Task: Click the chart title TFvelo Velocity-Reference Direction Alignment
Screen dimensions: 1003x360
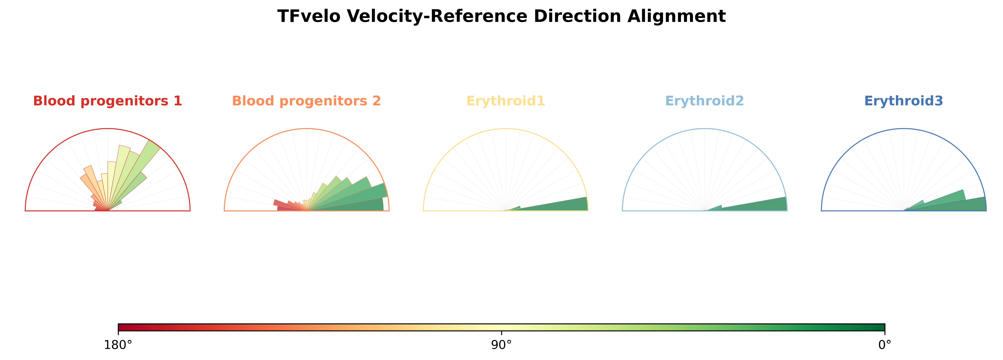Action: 502,16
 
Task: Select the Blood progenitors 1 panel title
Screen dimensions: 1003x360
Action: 108,101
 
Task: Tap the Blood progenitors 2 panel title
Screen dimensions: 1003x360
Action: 306,101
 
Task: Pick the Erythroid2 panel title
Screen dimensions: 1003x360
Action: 705,101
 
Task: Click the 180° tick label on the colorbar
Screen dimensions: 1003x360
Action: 118,345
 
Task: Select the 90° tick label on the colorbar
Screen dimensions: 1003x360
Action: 502,345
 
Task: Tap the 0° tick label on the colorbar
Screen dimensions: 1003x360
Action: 885,345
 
